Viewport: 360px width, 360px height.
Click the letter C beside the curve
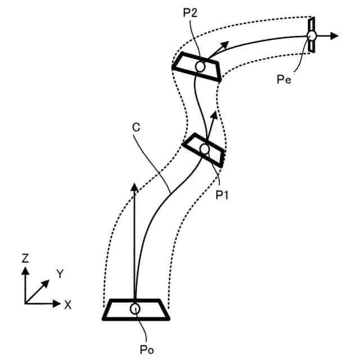coord(136,128)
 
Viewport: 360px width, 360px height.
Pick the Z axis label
coord(25,259)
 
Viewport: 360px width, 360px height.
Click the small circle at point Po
coord(135,308)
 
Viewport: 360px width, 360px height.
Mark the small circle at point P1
coord(204,149)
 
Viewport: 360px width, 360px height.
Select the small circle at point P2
coord(200,67)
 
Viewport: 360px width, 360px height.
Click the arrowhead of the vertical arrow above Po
coord(134,187)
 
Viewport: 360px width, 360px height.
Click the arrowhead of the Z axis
coord(25,271)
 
